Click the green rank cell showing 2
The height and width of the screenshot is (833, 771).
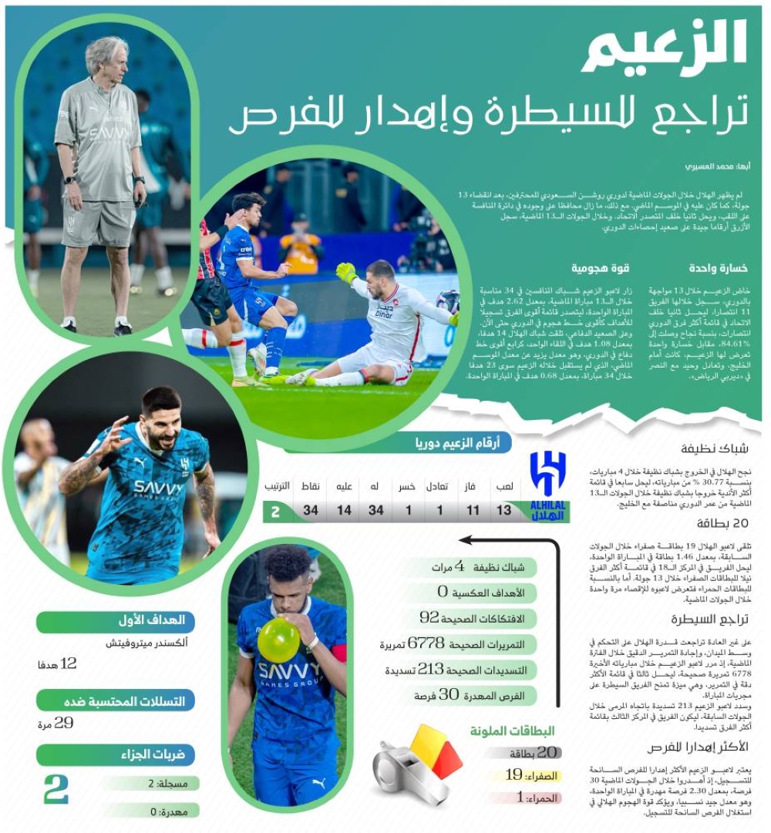pos(275,511)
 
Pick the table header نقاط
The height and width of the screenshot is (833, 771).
pos(310,486)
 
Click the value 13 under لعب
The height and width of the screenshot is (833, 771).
pos(503,511)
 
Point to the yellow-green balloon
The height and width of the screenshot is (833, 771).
pos(278,640)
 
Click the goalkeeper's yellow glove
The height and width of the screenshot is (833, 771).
pos(347,273)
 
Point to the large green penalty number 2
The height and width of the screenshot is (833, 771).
pos(56,789)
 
